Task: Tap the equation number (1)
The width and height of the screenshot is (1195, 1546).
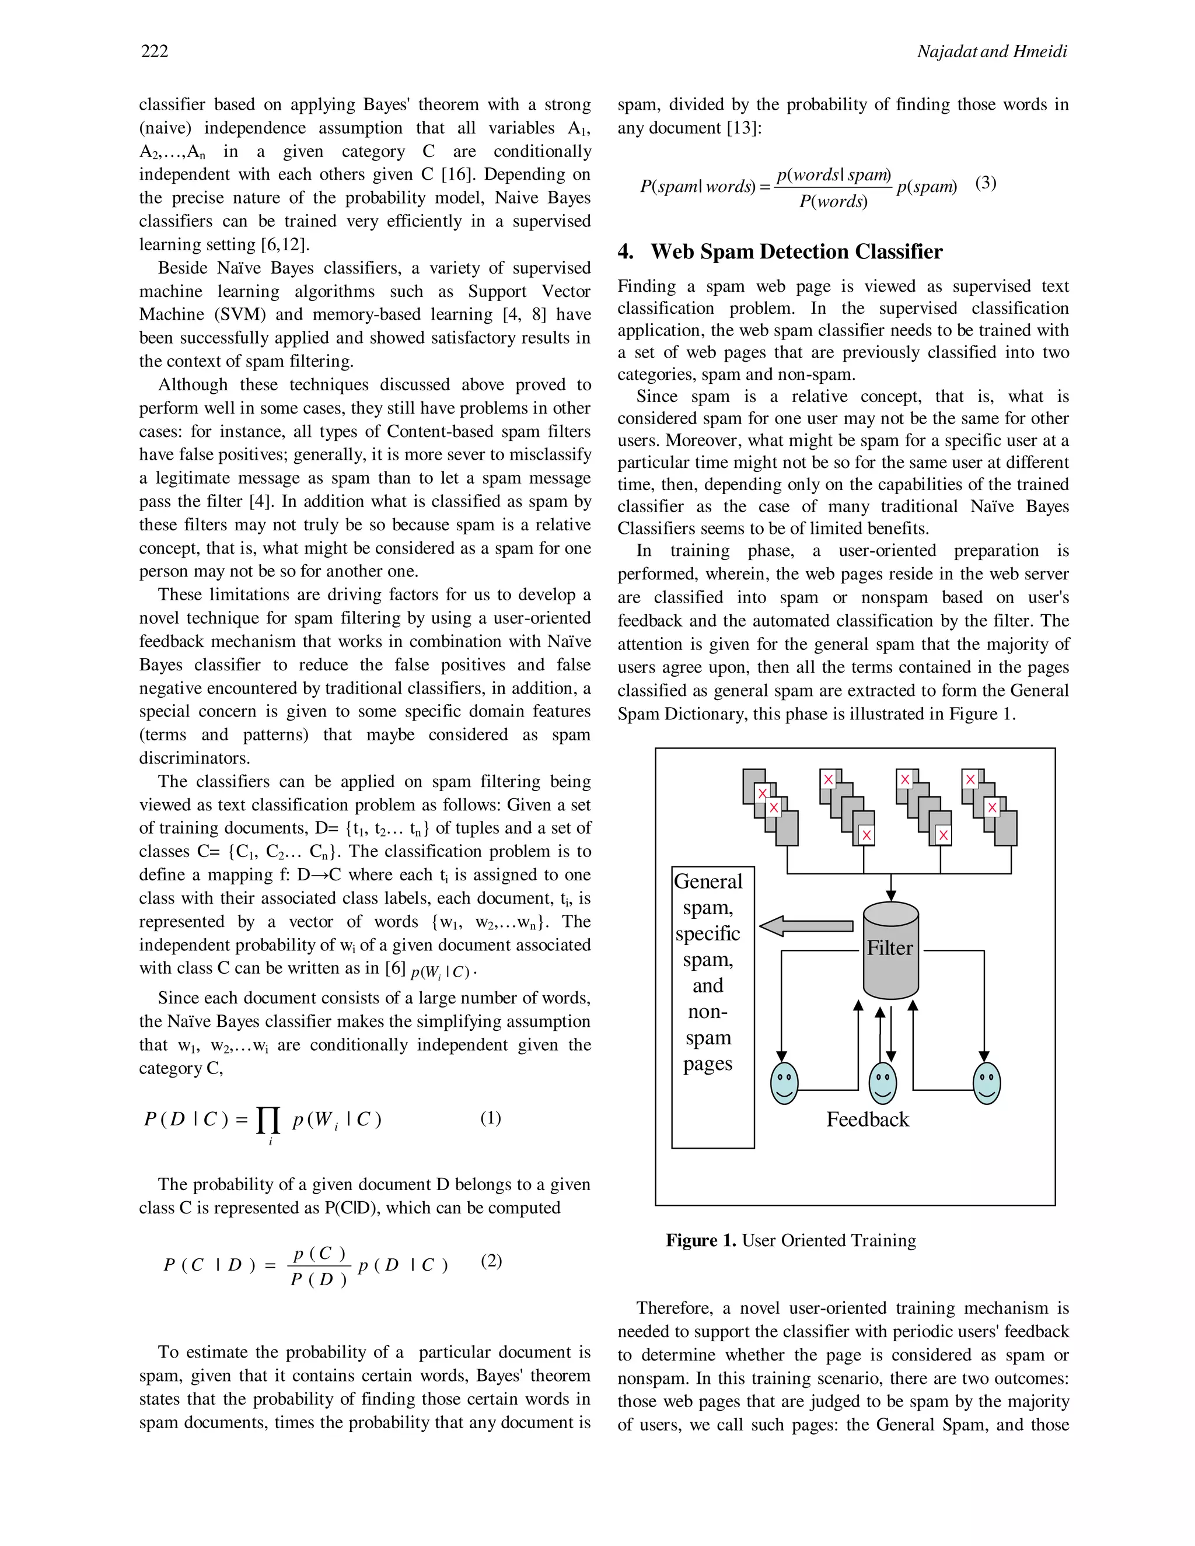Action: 491,1118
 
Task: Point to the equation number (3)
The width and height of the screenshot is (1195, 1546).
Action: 986,183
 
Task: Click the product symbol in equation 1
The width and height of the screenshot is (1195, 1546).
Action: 269,1121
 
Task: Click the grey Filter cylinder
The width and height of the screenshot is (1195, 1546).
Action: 890,949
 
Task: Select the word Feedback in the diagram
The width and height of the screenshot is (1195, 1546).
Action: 867,1119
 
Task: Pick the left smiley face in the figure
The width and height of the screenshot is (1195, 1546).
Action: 784,1083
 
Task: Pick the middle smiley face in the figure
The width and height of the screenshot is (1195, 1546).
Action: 882,1083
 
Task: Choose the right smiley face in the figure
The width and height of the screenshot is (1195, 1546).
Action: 986,1083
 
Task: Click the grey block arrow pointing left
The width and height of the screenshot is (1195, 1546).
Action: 806,925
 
